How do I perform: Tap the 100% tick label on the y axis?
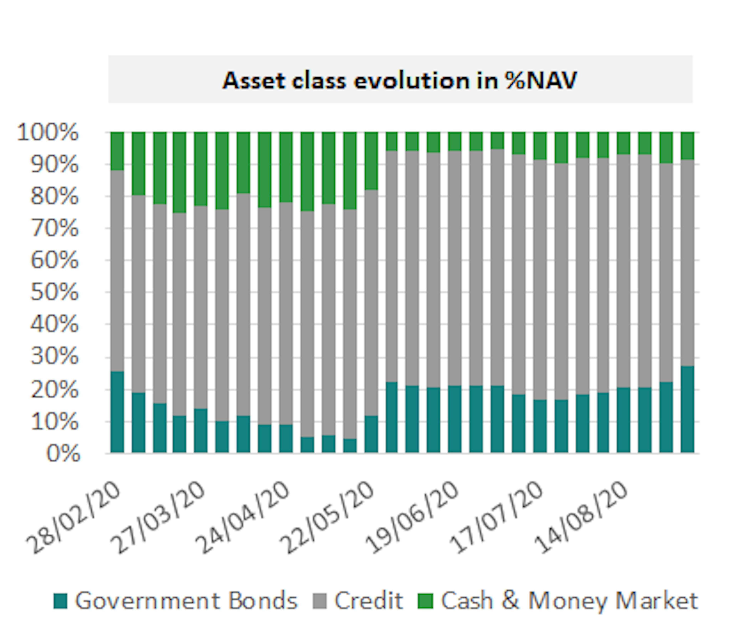pos(48,133)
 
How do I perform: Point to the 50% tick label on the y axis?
pos(54,292)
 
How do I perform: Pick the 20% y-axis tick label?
pos(54,390)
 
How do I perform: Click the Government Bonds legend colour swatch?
pos(60,601)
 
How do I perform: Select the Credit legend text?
pos(368,601)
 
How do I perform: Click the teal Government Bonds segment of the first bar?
pos(117,412)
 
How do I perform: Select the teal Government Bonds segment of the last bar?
pos(687,409)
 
